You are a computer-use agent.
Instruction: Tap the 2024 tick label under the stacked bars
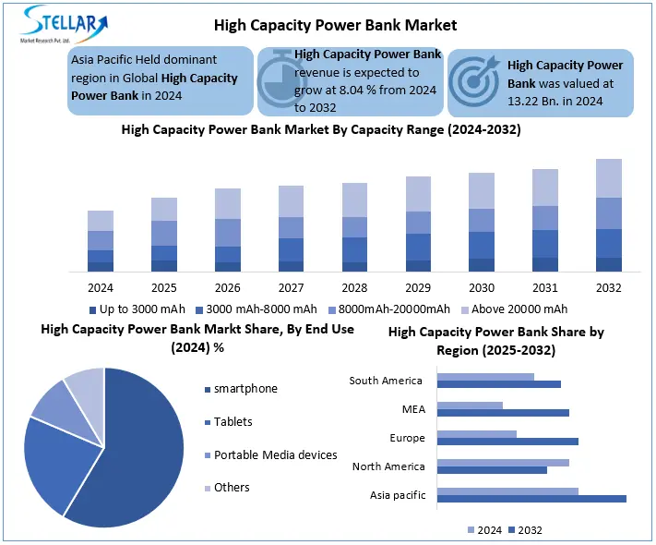101,287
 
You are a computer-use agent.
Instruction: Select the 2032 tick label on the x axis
608,287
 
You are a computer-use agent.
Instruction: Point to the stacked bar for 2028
354,227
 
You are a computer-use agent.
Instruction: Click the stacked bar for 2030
481,222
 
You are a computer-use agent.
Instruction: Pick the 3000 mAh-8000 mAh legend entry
261,309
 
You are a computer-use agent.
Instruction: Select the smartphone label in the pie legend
245,389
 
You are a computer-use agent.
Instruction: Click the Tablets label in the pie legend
233,421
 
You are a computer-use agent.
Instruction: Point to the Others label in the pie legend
232,487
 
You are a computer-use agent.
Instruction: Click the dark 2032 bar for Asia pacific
531,499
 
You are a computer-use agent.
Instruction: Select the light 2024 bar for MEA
470,405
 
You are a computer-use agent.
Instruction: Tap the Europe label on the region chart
407,438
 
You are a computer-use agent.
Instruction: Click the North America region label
388,466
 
